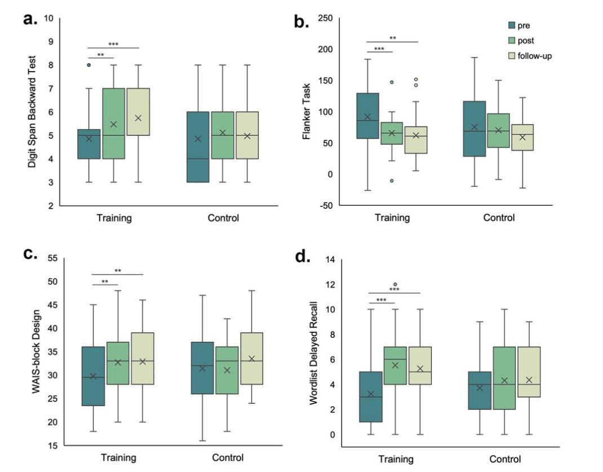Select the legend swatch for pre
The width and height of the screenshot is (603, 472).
click(x=511, y=25)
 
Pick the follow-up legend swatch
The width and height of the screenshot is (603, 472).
click(x=511, y=56)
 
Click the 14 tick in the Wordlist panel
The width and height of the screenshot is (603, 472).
click(x=330, y=259)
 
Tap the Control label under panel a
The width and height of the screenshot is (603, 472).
click(x=223, y=218)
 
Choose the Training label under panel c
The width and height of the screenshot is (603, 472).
click(x=118, y=457)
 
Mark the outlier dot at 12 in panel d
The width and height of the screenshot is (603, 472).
click(x=395, y=285)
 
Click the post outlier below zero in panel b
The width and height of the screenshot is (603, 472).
click(x=391, y=180)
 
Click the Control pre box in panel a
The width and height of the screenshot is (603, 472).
click(x=198, y=147)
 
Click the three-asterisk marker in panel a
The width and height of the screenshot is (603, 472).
click(x=113, y=44)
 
